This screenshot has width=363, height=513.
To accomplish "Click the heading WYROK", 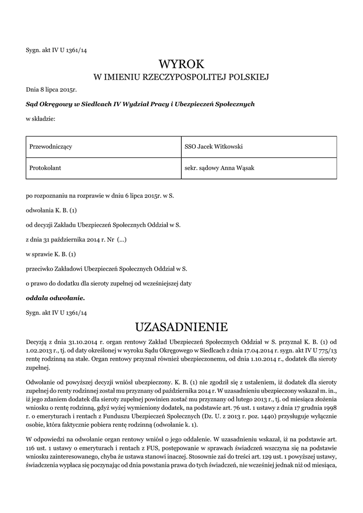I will (181, 64).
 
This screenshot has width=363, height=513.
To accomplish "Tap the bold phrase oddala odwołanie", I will (55, 298).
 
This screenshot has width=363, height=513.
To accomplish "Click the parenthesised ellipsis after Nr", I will (122, 239).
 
